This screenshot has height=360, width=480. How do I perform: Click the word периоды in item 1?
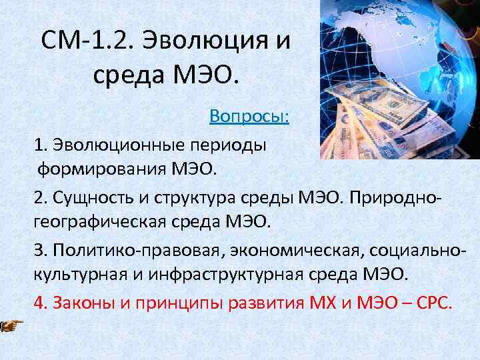pyautogui.click(x=236, y=144)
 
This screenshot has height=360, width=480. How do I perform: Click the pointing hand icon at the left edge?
pyautogui.click(x=10, y=325)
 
